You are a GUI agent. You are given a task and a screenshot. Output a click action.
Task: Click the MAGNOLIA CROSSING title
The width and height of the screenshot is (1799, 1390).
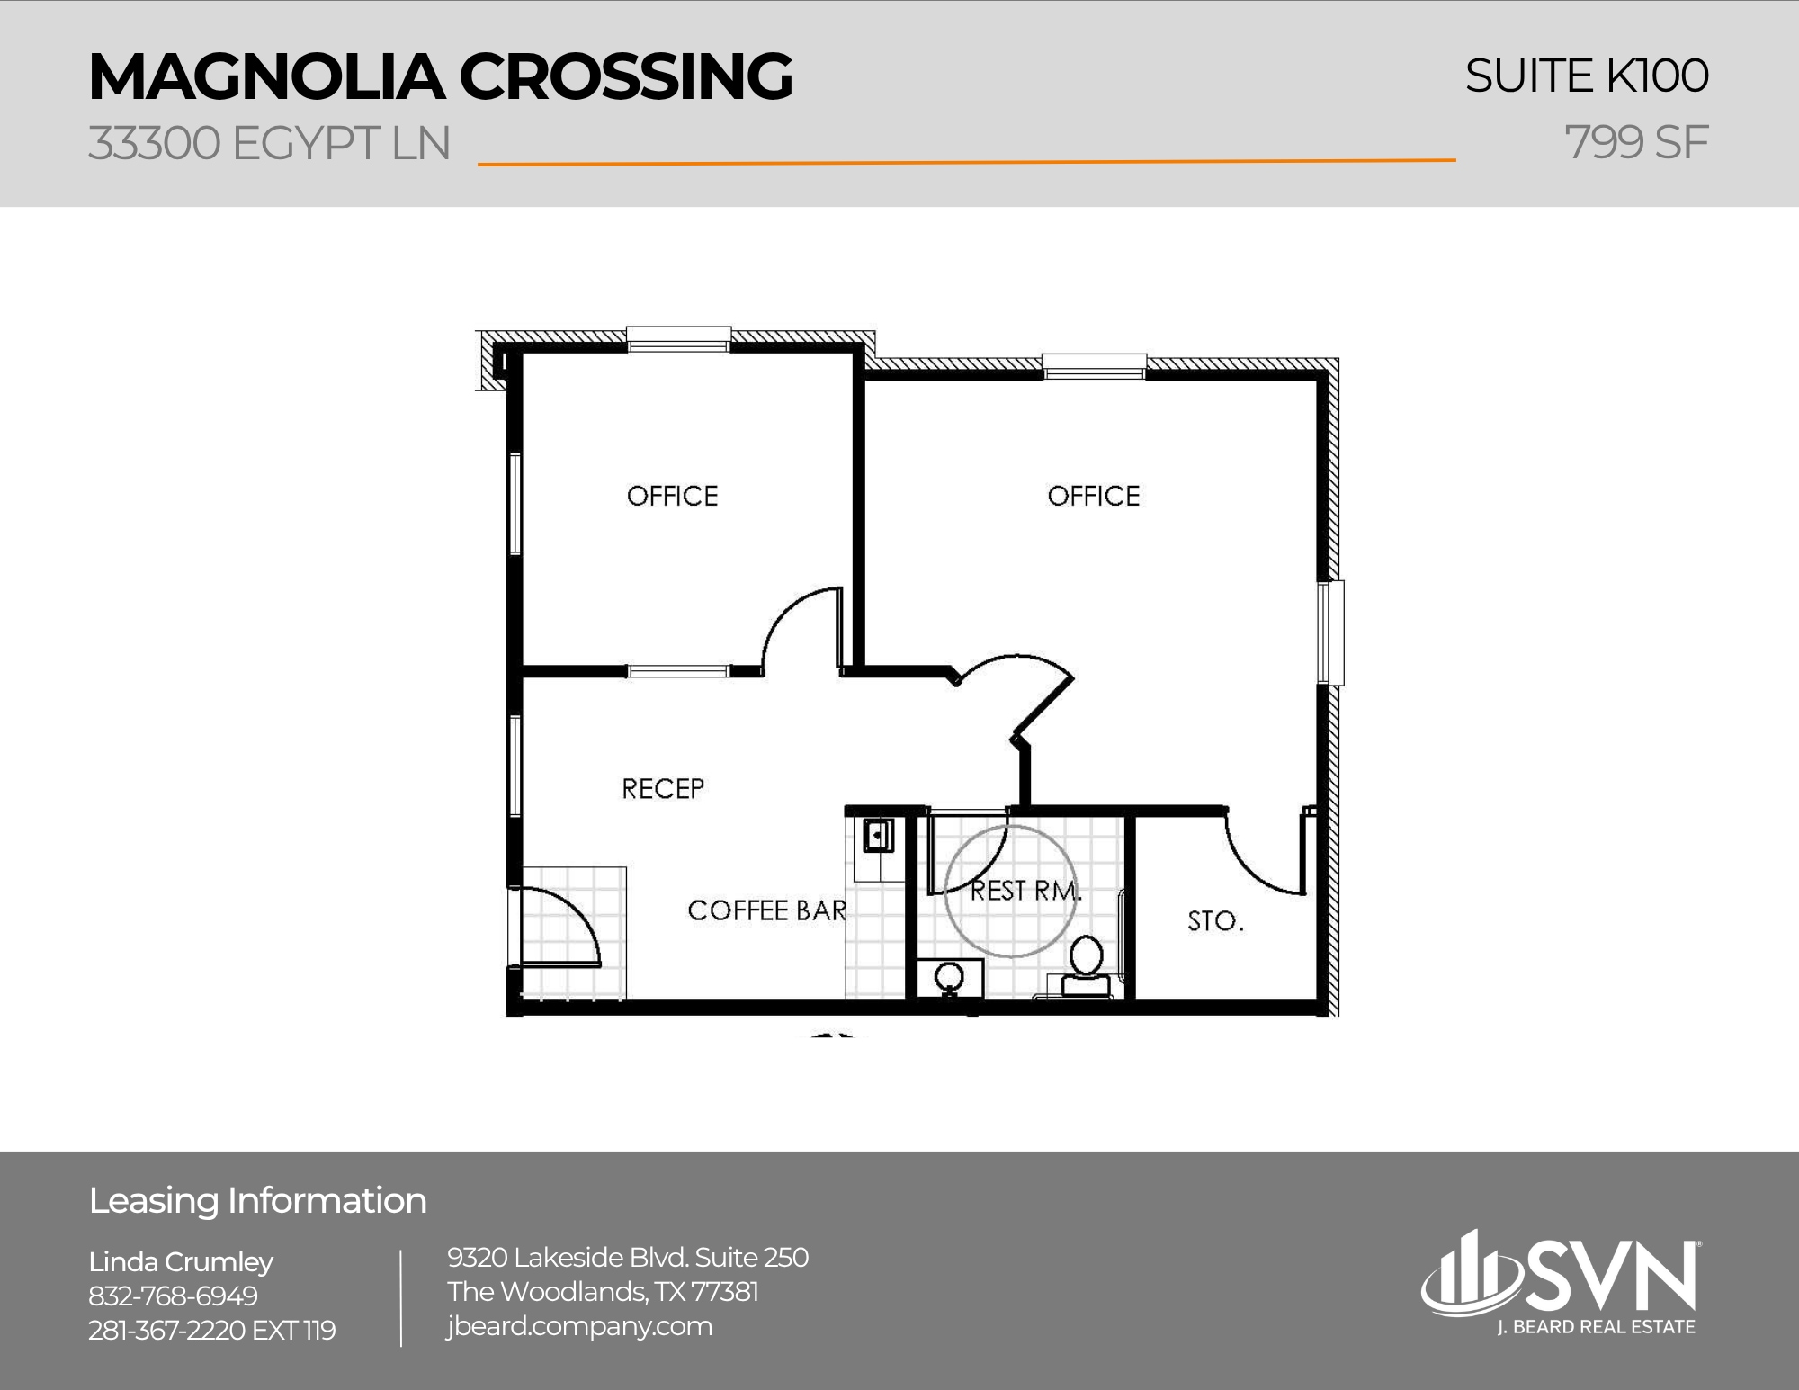coord(440,76)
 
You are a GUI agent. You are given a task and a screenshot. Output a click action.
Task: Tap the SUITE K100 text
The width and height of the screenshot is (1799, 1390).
coord(1586,76)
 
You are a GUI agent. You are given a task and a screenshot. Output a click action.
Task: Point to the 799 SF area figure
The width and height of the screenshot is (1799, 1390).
coord(1636,143)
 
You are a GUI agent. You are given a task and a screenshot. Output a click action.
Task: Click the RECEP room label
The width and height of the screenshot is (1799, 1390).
coord(663,789)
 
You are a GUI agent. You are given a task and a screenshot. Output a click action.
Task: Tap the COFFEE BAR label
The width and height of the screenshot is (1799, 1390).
coord(766,910)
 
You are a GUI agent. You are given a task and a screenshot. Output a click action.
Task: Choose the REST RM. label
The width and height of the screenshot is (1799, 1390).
coord(1025,891)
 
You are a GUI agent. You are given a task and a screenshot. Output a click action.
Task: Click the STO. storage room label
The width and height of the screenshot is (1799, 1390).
coord(1215,921)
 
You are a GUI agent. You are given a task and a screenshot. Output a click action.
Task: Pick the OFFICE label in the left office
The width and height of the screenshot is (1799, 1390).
coord(672,496)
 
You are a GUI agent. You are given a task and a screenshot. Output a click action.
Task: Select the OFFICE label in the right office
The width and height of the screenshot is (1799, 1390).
coord(1093,496)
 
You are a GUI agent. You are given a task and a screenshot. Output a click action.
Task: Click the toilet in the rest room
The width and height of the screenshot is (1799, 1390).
coord(1087,963)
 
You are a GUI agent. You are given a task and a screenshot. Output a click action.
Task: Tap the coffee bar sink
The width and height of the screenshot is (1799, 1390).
coord(877,835)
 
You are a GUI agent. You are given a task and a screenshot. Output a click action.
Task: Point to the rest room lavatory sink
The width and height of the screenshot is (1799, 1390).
coord(949,976)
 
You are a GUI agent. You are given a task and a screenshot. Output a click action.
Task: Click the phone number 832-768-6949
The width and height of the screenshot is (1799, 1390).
coord(173,1296)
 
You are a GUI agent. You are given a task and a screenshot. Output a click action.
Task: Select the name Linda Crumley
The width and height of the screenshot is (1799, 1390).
coord(181,1261)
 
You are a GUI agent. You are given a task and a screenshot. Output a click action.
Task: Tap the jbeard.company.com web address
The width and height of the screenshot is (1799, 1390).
coord(579,1326)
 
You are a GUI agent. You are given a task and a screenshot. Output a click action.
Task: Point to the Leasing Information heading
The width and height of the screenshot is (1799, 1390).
coord(257,1201)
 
